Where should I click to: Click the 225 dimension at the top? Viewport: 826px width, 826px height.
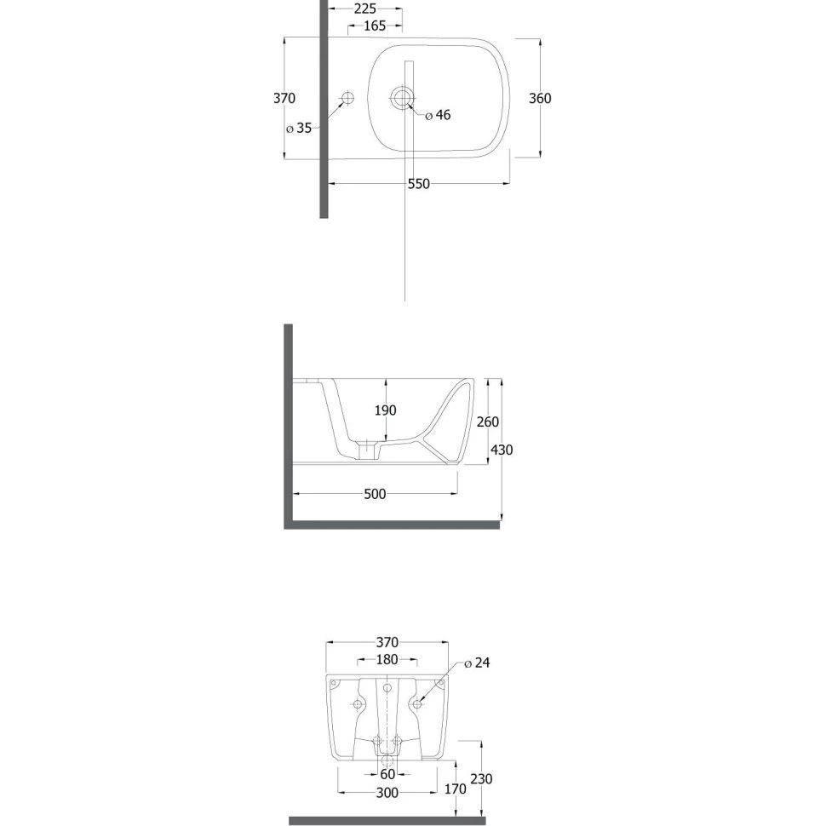364,9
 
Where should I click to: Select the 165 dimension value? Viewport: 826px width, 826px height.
375,26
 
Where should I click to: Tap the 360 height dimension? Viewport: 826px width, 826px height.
540,98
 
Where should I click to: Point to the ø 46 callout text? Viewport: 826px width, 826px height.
438,115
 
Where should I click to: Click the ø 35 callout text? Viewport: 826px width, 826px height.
299,128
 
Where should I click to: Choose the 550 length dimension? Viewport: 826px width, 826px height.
419,184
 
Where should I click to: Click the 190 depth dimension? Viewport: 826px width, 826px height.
385,410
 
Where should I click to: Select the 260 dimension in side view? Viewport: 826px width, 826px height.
487,422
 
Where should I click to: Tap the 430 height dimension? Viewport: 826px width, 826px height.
502,450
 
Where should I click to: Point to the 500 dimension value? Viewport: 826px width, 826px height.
375,494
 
